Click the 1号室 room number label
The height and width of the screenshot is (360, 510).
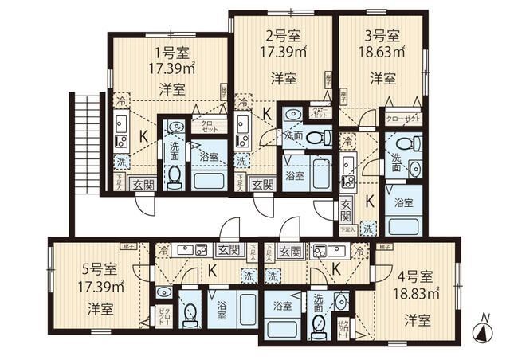[x=171, y=54]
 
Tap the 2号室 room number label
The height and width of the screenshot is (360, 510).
[x=283, y=36]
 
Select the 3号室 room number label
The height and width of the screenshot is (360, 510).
[x=383, y=35]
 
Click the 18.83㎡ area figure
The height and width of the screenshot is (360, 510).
[x=418, y=293]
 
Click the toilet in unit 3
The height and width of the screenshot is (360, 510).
[x=412, y=145]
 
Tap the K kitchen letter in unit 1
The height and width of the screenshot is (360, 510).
[x=143, y=136]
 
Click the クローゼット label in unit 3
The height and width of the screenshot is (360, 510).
[x=402, y=119]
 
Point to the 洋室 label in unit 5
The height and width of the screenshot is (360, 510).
[x=100, y=307]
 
